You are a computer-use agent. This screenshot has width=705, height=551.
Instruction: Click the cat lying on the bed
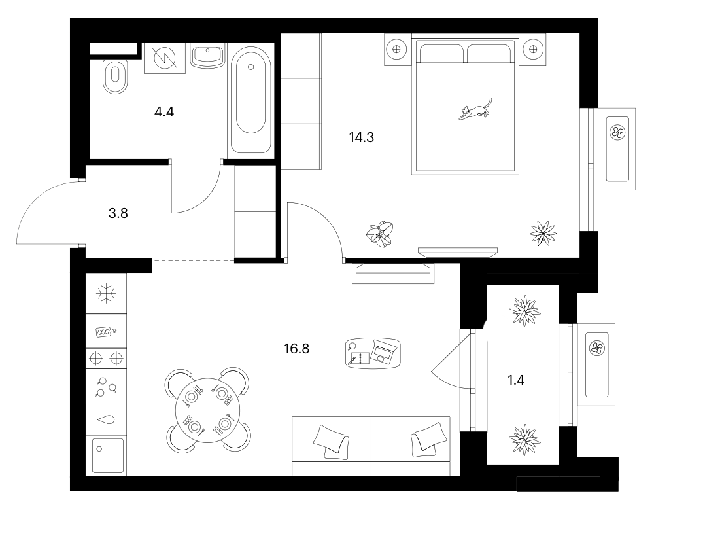point(475,109)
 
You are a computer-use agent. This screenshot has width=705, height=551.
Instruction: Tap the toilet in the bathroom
point(115,77)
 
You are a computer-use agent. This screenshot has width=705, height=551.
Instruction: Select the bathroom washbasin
point(207,56)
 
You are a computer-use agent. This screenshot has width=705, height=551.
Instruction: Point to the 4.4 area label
point(164,111)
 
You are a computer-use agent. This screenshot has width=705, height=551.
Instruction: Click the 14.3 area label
point(362,137)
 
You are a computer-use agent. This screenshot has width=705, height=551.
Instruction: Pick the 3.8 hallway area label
point(118,213)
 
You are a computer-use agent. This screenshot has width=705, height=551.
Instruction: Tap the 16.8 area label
point(297,349)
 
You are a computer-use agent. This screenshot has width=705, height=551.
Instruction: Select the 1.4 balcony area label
point(516,380)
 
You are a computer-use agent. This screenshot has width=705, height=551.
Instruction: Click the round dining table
point(207,410)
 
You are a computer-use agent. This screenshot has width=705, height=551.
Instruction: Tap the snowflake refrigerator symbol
point(106,294)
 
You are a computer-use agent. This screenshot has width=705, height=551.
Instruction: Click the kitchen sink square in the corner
point(107,455)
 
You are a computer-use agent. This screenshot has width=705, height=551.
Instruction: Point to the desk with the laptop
point(373,353)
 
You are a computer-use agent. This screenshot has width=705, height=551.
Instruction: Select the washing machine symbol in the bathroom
point(165,58)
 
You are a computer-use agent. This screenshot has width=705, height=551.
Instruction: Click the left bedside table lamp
point(396,50)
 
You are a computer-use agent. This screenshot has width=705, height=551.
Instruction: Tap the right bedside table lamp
point(533,49)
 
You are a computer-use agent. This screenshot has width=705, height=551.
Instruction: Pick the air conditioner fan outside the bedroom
point(617,132)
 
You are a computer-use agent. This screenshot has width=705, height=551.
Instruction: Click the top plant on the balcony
point(524,311)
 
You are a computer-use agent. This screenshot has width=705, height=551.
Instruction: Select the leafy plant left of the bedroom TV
point(381,234)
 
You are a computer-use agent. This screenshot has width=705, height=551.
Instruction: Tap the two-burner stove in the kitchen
point(106,359)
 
